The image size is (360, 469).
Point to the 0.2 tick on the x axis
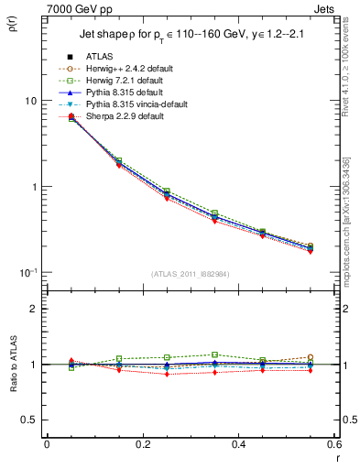coord(142,444)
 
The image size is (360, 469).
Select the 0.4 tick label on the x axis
coord(237,444)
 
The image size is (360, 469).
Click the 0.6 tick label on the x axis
coord(332,444)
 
